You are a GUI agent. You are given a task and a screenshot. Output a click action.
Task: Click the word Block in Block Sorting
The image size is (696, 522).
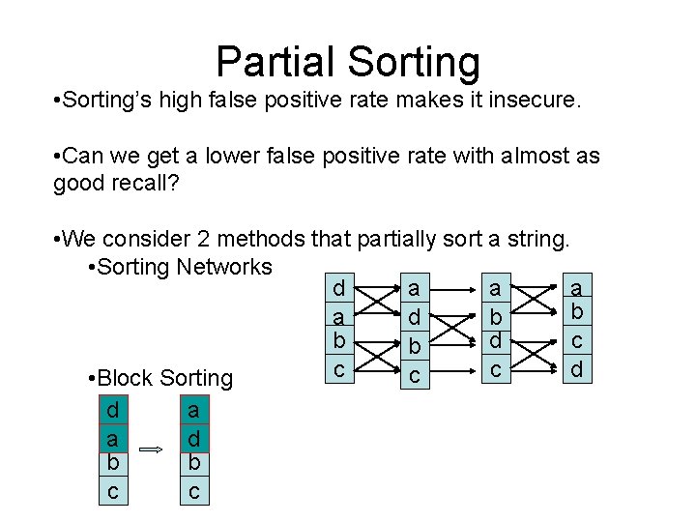(128, 378)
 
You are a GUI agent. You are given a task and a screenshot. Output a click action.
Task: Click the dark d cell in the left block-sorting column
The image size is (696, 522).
(113, 410)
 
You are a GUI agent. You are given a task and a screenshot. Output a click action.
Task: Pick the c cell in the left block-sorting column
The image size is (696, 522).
(113, 491)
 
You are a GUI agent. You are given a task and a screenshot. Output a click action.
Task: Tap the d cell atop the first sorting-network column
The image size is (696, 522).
(337, 289)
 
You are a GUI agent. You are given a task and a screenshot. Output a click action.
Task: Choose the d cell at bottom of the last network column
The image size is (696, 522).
(577, 368)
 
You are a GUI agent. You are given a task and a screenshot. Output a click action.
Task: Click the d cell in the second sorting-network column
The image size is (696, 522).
(414, 317)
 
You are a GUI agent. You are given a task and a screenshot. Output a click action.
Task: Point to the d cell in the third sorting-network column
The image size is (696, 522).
(495, 341)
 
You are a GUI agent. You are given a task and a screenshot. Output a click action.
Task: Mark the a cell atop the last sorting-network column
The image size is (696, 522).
(577, 289)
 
